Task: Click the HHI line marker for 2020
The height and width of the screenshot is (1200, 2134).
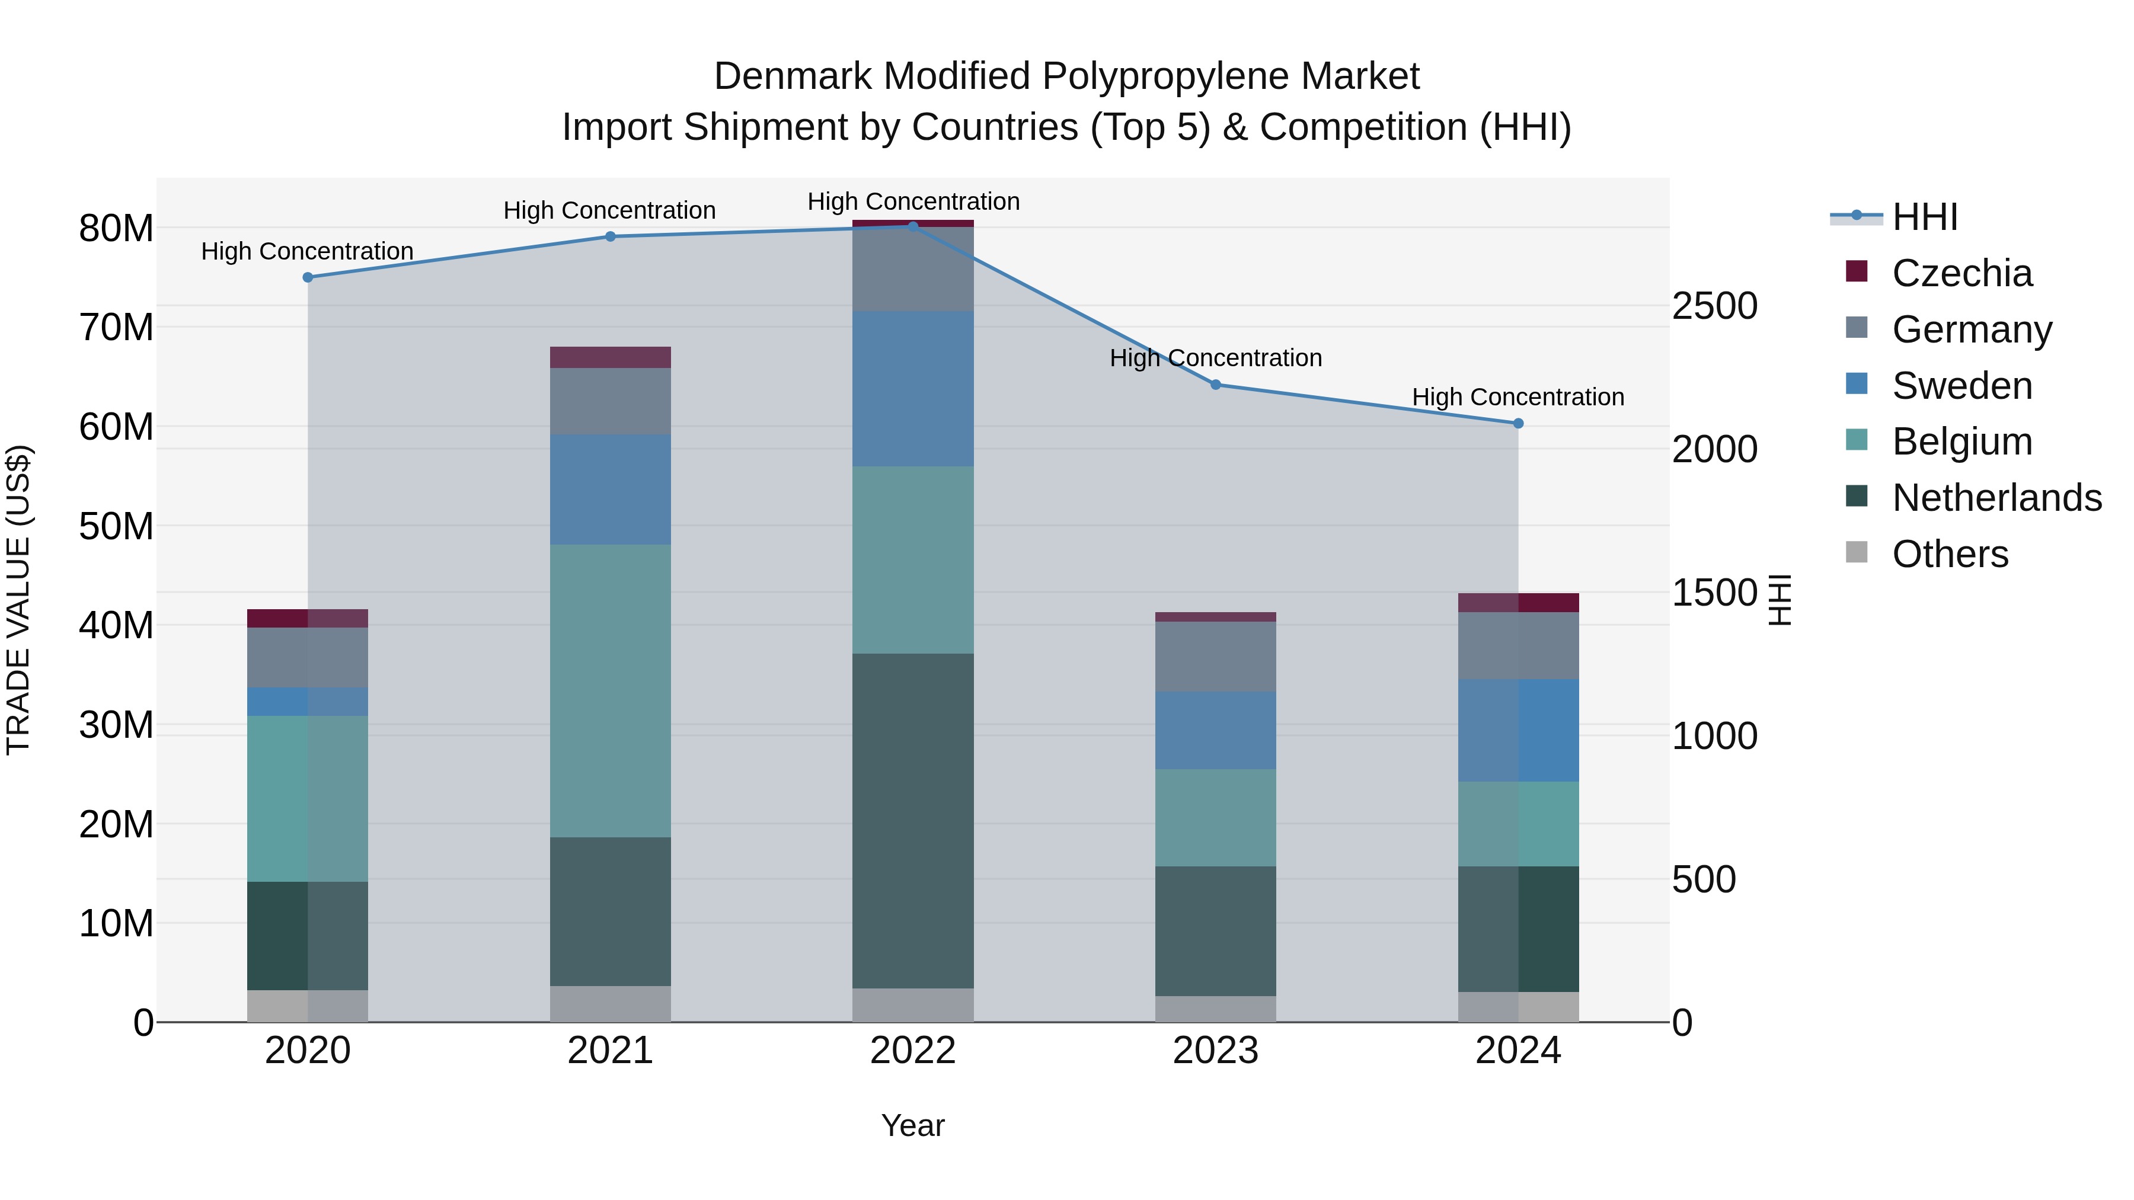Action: click(308, 277)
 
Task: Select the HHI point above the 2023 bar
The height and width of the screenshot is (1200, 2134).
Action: click(1215, 384)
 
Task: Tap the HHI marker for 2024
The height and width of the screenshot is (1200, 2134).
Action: click(1518, 423)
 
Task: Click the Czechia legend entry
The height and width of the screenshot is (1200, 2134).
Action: click(1961, 273)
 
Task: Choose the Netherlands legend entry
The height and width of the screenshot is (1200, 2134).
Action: click(1996, 498)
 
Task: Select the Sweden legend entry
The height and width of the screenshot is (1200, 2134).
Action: click(1961, 386)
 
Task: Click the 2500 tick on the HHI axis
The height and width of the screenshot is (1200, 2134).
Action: click(1714, 306)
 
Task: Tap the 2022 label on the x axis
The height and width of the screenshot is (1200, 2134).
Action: click(913, 1051)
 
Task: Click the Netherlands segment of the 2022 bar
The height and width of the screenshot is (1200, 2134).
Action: click(913, 820)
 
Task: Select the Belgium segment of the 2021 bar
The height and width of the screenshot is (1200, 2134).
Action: click(611, 691)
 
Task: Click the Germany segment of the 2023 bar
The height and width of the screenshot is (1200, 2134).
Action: click(1215, 656)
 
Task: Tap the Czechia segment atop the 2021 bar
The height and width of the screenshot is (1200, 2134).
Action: click(611, 357)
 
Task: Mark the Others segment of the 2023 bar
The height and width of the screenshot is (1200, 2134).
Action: click(1215, 1009)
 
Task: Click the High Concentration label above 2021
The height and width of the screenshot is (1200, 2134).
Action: click(610, 210)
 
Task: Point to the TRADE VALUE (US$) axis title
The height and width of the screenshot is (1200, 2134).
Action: click(18, 600)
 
